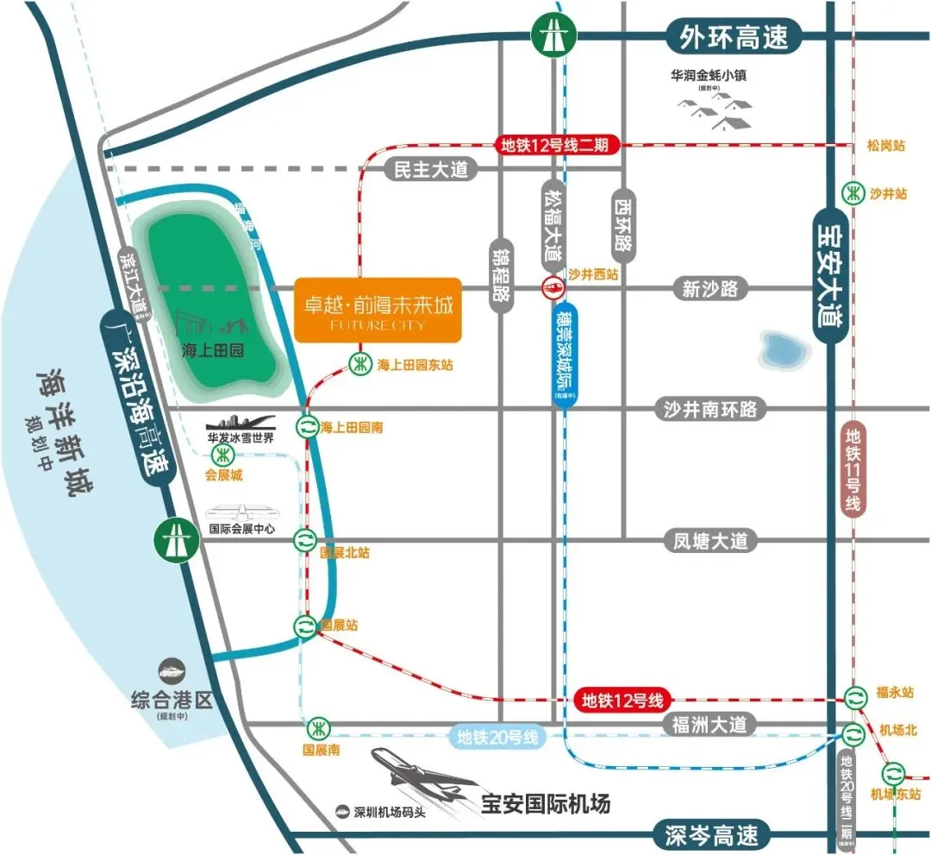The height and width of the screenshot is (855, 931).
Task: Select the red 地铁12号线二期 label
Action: tap(555, 145)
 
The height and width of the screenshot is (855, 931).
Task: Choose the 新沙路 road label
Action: tap(709, 289)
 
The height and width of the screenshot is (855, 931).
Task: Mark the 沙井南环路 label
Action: tap(709, 408)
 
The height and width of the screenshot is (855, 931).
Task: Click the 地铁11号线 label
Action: tap(853, 470)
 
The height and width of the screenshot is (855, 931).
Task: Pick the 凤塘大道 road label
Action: tap(710, 541)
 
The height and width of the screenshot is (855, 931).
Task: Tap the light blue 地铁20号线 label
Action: tap(498, 738)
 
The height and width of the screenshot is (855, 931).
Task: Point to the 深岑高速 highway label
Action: tap(712, 835)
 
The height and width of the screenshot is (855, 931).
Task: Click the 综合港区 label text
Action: tap(170, 698)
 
